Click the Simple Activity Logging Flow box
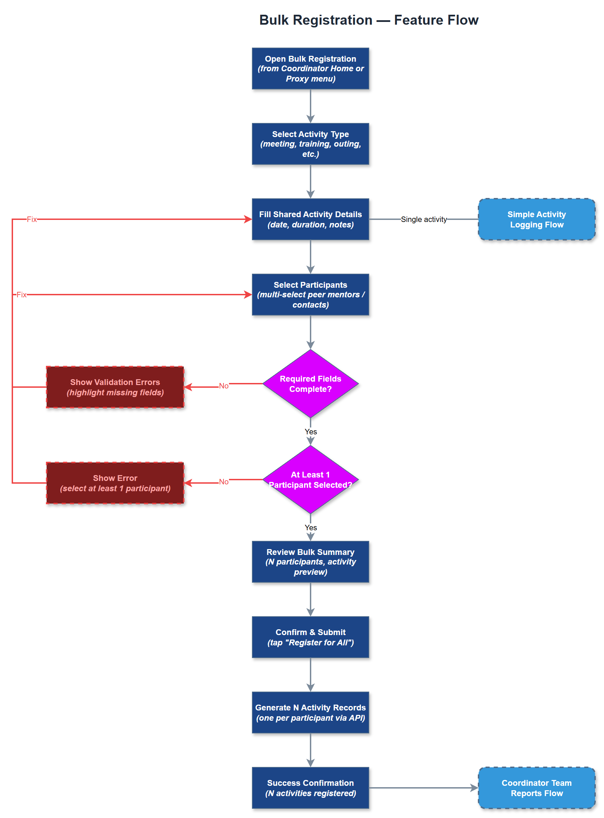click(536, 219)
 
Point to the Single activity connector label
click(423, 219)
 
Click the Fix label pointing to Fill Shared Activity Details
click(32, 219)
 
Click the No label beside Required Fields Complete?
click(224, 386)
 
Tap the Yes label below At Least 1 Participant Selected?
click(311, 527)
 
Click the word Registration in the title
click(333, 20)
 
